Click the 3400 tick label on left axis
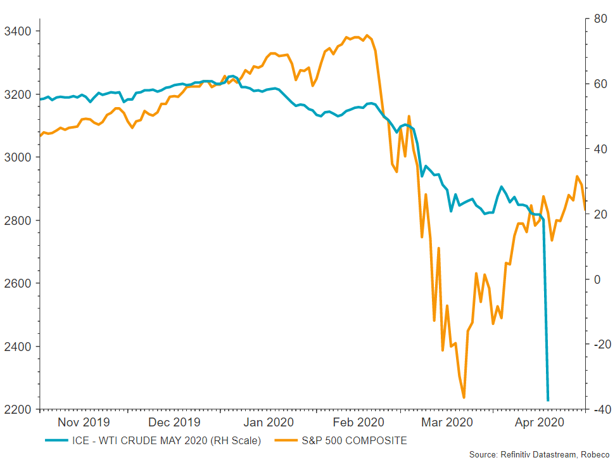coord(16,31)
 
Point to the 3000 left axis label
coord(16,157)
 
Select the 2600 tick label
coord(16,283)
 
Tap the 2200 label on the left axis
coord(16,409)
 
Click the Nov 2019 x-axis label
coord(84,422)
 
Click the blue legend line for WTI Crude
coord(58,440)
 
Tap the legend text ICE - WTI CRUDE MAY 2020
coord(167,440)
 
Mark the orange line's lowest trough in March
coord(464,397)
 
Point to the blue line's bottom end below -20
coord(548,400)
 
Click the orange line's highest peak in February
coord(367,35)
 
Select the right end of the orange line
coord(585,208)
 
